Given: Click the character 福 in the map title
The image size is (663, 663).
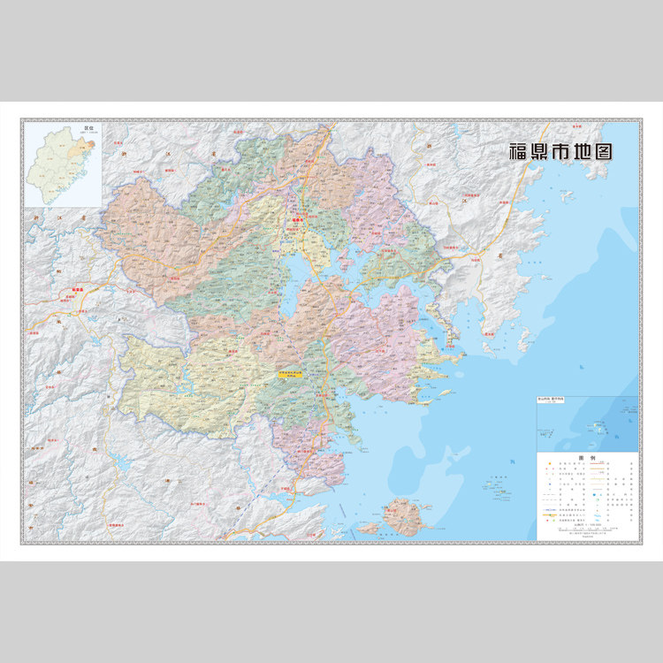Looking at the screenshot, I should point(518,151).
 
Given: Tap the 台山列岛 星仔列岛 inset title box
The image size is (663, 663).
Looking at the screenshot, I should point(558,400).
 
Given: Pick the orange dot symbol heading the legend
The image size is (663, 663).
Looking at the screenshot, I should point(545,467).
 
